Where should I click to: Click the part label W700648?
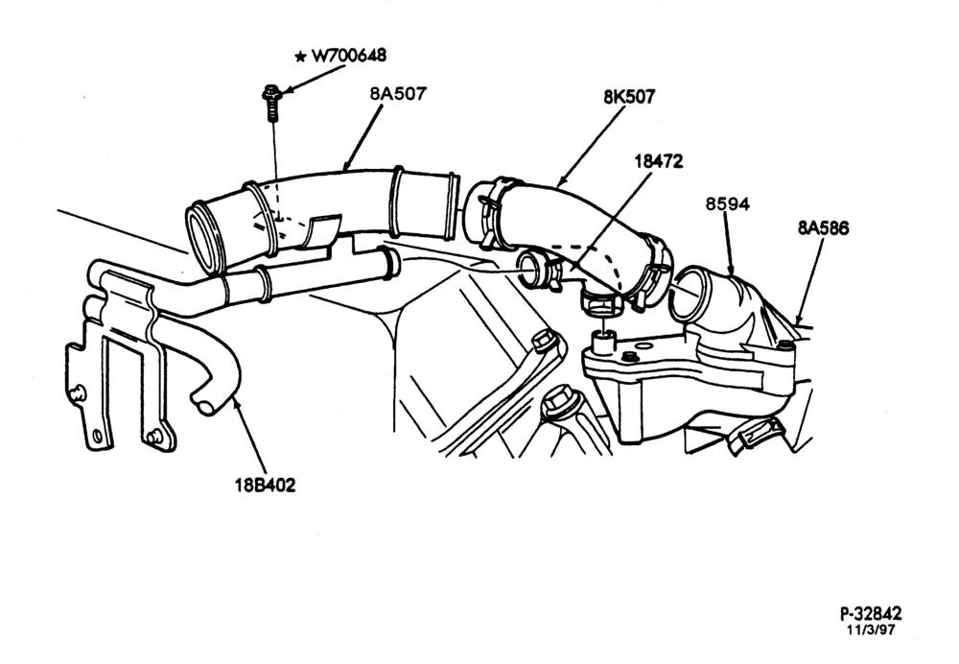pyautogui.click(x=349, y=56)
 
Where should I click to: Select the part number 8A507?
pyautogui.click(x=398, y=94)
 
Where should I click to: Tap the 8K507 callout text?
pyautogui.click(x=629, y=97)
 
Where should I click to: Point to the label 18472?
pyautogui.click(x=659, y=161)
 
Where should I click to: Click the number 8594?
pyautogui.click(x=727, y=203)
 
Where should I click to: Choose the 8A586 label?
pyautogui.click(x=823, y=228)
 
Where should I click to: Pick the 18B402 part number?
pyautogui.click(x=266, y=486)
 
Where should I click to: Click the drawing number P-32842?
pyautogui.click(x=871, y=614)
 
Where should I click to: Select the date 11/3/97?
pyautogui.click(x=871, y=629)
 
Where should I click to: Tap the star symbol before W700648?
pyautogui.click(x=300, y=57)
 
